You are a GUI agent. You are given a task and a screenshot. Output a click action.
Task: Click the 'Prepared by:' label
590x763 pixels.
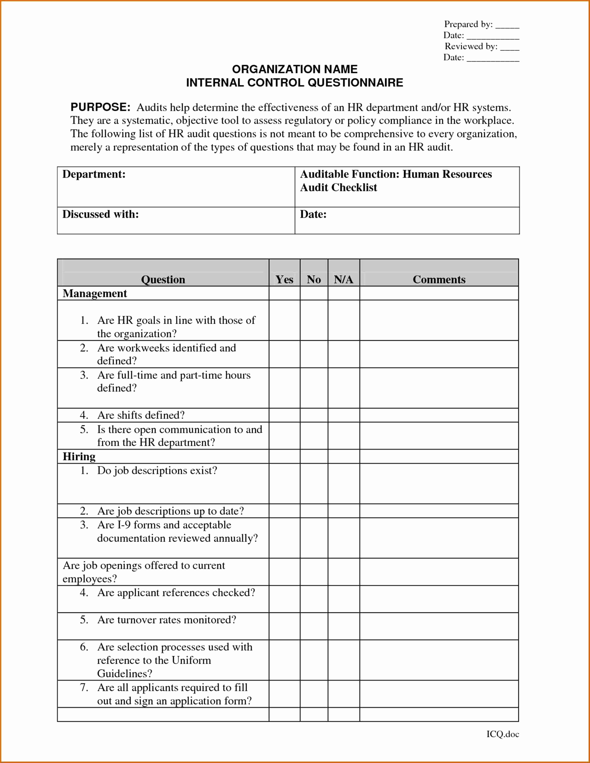click(x=468, y=24)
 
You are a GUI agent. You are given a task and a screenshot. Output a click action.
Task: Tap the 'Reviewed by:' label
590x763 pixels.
click(x=471, y=46)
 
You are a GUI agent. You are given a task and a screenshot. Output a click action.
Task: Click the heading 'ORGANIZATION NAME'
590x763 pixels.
click(x=295, y=69)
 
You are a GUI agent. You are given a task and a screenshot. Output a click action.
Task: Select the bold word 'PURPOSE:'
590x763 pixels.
click(x=101, y=107)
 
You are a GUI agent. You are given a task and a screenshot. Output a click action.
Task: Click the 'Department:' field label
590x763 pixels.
click(x=94, y=174)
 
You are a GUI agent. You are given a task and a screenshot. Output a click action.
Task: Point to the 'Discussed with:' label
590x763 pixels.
click(x=101, y=214)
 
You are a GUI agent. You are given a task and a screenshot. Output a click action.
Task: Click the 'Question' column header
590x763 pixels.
click(x=163, y=280)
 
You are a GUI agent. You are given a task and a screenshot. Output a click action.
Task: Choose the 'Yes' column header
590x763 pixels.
click(x=284, y=280)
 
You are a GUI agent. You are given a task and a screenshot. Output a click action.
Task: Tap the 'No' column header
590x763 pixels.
click(x=314, y=280)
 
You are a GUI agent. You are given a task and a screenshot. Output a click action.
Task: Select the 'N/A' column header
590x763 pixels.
click(x=343, y=280)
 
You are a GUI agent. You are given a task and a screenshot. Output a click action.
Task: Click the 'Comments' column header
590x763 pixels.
click(x=439, y=280)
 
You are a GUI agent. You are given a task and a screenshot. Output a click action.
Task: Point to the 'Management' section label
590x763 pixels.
click(x=95, y=294)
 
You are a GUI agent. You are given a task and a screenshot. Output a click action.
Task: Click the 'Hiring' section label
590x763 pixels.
click(x=79, y=457)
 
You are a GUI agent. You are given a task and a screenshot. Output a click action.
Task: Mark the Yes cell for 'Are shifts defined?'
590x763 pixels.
click(x=284, y=415)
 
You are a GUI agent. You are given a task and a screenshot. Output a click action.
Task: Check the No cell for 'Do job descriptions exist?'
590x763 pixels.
click(x=314, y=483)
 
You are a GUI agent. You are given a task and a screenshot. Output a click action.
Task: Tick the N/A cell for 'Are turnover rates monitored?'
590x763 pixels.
click(x=343, y=626)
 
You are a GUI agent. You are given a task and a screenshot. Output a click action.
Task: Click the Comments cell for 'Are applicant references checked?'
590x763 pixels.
click(x=439, y=599)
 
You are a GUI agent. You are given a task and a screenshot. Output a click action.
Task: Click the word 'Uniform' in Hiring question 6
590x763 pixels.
click(x=191, y=660)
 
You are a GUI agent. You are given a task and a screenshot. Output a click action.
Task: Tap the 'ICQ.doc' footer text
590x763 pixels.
click(x=503, y=734)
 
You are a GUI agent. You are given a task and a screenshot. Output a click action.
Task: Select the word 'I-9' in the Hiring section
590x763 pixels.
click(x=124, y=525)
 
